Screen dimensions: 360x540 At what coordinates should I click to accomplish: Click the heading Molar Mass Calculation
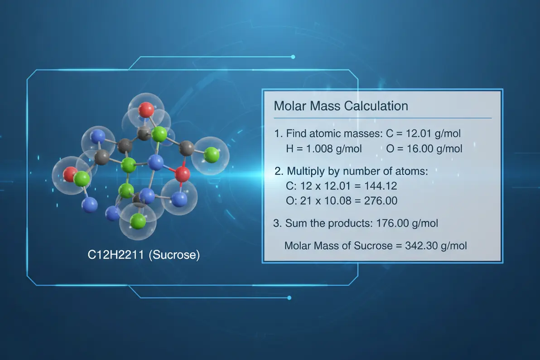[x=341, y=106]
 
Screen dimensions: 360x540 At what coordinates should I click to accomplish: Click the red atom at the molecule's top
[x=146, y=109]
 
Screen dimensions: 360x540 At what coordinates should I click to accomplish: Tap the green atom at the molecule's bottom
[x=138, y=222]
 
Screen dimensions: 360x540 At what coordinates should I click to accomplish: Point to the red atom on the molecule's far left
[x=70, y=174]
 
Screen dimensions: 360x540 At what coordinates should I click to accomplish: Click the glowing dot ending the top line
[x=293, y=57]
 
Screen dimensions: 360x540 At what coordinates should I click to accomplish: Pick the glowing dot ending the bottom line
[x=289, y=298]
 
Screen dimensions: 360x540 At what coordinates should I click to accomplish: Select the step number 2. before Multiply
[x=279, y=172]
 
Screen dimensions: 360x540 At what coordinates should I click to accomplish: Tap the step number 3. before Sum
[x=278, y=223]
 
